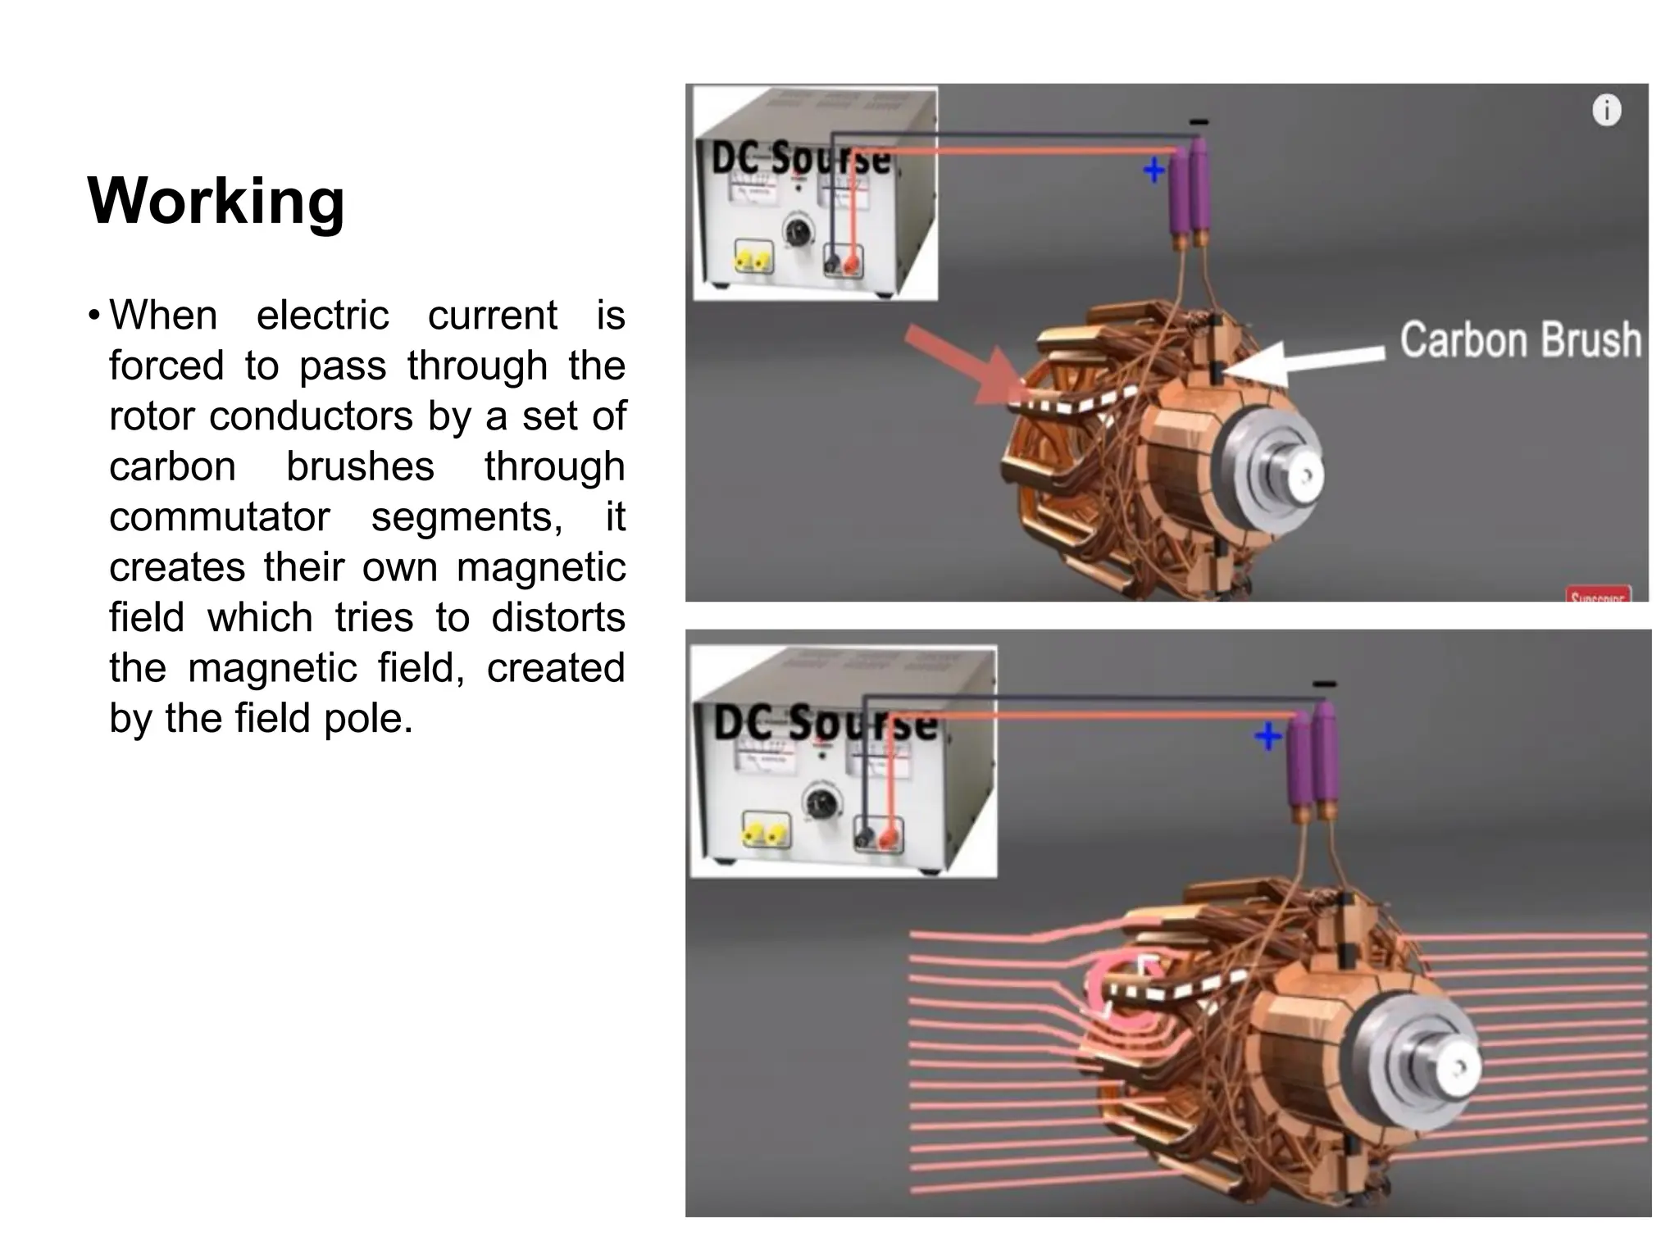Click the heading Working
(216, 201)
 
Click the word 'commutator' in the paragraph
(219, 517)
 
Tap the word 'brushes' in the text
(360, 467)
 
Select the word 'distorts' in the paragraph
(557, 618)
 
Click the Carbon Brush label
(1520, 340)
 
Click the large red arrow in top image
(967, 367)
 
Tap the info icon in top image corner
(1606, 110)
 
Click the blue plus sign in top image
(1153, 170)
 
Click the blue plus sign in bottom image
(1267, 736)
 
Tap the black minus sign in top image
(1199, 123)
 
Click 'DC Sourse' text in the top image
(801, 157)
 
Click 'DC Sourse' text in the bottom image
(825, 723)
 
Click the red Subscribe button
(1598, 595)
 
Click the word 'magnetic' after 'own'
(540, 568)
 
